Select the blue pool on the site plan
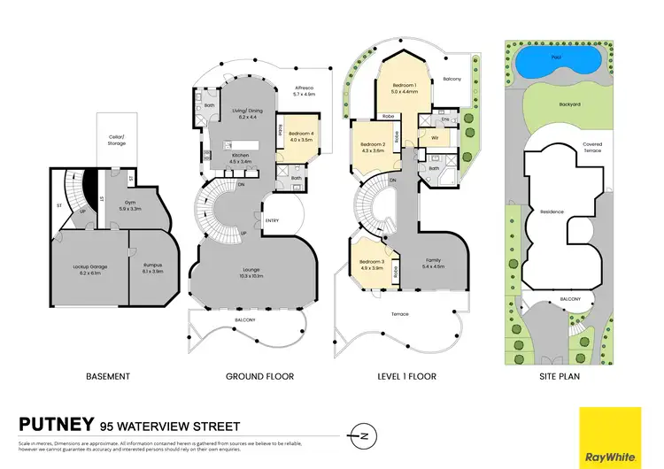pyautogui.click(x=556, y=64)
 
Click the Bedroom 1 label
pyautogui.click(x=405, y=84)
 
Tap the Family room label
pyautogui.click(x=432, y=260)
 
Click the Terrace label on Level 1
pyautogui.click(x=399, y=314)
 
